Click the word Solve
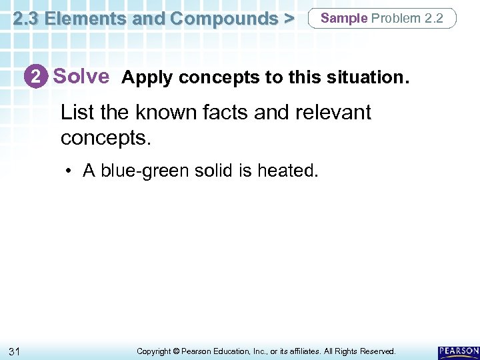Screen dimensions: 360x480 (x=81, y=77)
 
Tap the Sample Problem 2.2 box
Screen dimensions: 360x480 (x=382, y=19)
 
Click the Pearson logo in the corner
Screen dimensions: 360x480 (x=459, y=351)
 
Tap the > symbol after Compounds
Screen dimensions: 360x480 (x=289, y=19)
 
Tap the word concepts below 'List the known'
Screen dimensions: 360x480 (x=104, y=137)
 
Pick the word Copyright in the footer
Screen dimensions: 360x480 (x=154, y=351)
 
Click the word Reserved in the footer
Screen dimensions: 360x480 (x=377, y=351)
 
